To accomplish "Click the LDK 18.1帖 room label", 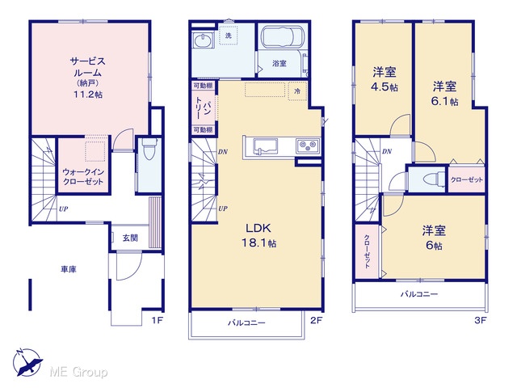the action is coord(259,235).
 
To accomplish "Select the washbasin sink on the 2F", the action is coord(202,41).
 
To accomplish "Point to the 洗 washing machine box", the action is coord(228,36).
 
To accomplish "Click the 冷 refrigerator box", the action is coord(298,91).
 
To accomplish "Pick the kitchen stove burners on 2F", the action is coord(308,145).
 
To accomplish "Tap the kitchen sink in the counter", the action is coord(265,146).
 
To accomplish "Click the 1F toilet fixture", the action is coord(149,148).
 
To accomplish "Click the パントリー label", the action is coord(203,108).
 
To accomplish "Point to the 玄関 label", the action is coord(130,238).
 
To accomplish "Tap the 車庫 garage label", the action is coord(69,269).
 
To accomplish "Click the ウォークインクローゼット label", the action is coord(83,176).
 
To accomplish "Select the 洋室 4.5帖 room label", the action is coord(385,79).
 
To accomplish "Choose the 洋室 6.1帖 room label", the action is coord(444,94).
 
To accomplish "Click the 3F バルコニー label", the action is coord(419,294).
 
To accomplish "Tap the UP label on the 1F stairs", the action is coord(64,209).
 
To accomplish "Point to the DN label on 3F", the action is coord(387,151).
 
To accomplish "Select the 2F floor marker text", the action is coord(316,320).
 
